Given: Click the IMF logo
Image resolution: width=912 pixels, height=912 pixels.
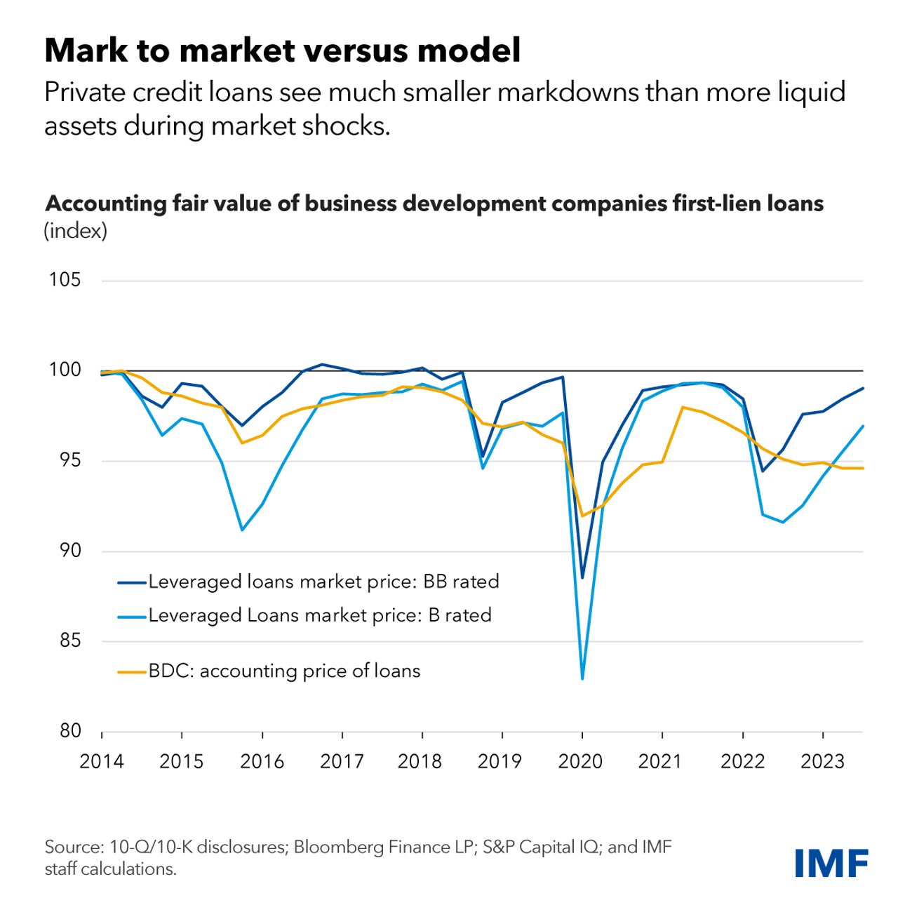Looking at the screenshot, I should pyautogui.click(x=831, y=862).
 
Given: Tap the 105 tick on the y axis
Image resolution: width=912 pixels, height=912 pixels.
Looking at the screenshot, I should pyautogui.click(x=65, y=280).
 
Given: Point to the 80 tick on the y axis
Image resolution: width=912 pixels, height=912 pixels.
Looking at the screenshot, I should pyautogui.click(x=65, y=731).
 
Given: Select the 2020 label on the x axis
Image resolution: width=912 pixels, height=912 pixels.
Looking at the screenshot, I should pyautogui.click(x=580, y=761).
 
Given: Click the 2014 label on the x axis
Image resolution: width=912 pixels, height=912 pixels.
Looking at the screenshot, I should pyautogui.click(x=102, y=761).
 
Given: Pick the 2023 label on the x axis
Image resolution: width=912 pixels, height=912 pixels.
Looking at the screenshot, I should pyautogui.click(x=822, y=761).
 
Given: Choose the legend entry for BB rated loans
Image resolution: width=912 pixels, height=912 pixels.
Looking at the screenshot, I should pyautogui.click(x=323, y=582).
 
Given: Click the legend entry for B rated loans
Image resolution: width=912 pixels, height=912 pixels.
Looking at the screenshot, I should pyautogui.click(x=319, y=615).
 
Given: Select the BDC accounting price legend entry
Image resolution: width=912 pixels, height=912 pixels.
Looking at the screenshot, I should pyautogui.click(x=284, y=671).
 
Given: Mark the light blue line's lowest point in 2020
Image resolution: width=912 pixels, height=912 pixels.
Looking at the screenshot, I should pyautogui.click(x=582, y=678).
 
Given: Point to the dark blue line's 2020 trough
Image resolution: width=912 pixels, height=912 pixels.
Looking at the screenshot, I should pyautogui.click(x=582, y=578).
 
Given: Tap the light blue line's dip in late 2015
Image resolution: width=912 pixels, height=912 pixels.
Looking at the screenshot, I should pyautogui.click(x=242, y=530).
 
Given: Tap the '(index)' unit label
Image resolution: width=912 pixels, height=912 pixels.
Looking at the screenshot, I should pyautogui.click(x=76, y=231).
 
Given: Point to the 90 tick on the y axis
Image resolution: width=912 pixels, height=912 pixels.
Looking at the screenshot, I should pyautogui.click(x=65, y=551).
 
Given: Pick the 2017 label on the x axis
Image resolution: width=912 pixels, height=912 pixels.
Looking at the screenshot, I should pyautogui.click(x=342, y=761).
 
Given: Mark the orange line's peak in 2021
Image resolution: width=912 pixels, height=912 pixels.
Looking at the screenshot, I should pyautogui.click(x=683, y=407).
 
